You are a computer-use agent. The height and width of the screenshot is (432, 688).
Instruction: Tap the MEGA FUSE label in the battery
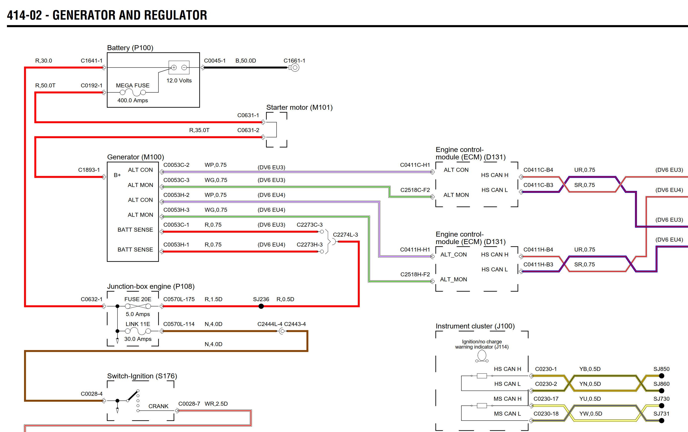(x=133, y=85)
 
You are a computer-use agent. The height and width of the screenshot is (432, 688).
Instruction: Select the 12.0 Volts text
(x=179, y=81)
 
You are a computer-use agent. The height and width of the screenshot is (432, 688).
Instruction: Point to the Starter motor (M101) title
(x=299, y=108)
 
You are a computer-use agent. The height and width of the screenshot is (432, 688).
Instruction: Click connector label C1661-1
(x=294, y=61)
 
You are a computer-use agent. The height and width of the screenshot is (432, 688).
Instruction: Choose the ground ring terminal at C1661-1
(x=295, y=68)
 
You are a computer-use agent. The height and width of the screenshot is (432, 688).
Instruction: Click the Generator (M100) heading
(x=135, y=157)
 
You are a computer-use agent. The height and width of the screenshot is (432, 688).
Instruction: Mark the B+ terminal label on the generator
(x=117, y=175)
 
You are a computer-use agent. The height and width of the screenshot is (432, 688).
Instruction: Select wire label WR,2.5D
(x=216, y=404)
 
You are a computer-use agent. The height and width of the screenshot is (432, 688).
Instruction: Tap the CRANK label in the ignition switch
(x=158, y=406)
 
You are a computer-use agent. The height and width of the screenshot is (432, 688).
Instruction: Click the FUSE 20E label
(x=138, y=299)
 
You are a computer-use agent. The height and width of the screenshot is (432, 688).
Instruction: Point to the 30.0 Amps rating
(x=138, y=339)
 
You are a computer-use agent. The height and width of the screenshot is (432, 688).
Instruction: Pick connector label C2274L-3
(x=345, y=235)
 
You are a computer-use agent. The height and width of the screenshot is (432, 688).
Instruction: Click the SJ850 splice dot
(x=661, y=376)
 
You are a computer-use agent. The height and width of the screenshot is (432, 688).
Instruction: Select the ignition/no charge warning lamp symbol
(x=481, y=356)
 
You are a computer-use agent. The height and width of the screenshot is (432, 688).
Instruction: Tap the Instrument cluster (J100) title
(x=475, y=326)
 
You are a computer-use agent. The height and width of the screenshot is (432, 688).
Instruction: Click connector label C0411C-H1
(x=415, y=165)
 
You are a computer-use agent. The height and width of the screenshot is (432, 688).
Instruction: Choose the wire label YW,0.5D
(x=591, y=413)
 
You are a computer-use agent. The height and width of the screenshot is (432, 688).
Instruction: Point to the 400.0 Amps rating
(x=133, y=100)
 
